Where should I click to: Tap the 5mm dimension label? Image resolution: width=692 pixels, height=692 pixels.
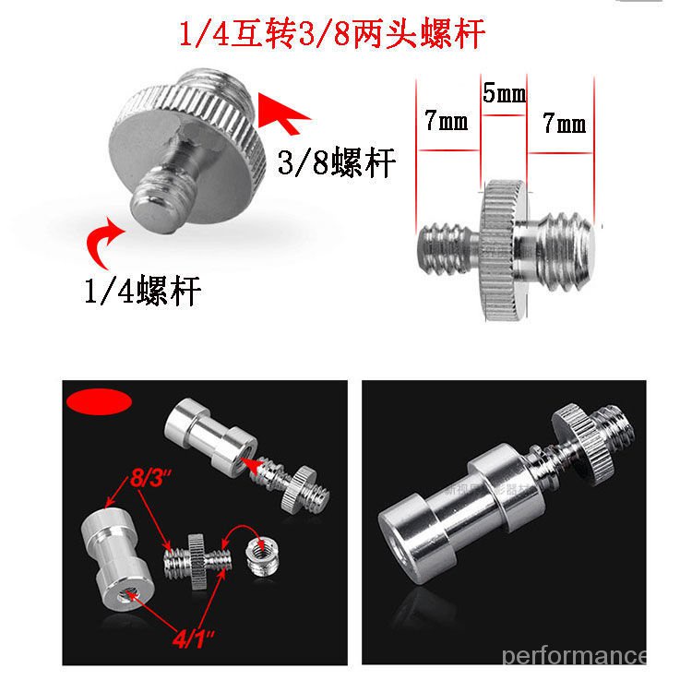[502, 94]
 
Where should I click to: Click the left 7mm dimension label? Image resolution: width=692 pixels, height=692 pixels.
[447, 122]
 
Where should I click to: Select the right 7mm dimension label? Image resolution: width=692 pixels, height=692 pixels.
[564, 122]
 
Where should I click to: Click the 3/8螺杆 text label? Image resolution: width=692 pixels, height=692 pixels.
[336, 163]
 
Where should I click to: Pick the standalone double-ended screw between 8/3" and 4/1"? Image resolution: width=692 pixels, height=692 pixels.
[196, 557]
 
